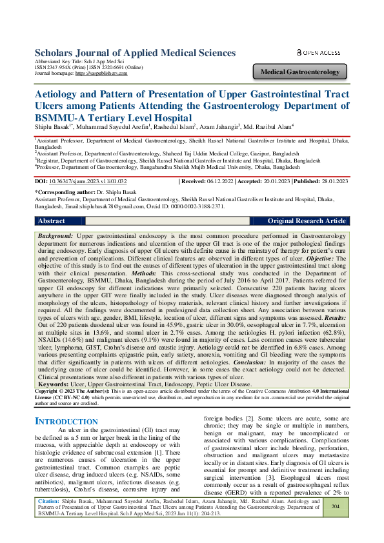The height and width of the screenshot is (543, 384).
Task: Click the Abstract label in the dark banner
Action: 52,221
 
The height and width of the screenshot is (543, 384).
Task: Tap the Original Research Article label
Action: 307,221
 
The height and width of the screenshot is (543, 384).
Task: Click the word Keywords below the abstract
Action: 54,366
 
